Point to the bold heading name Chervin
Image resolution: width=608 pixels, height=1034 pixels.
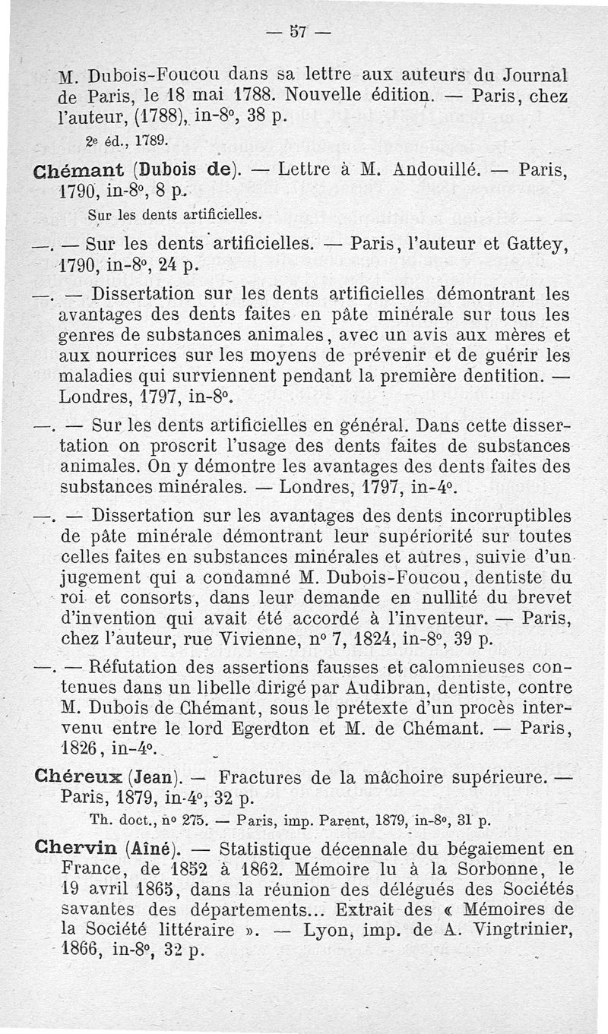[79, 849]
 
